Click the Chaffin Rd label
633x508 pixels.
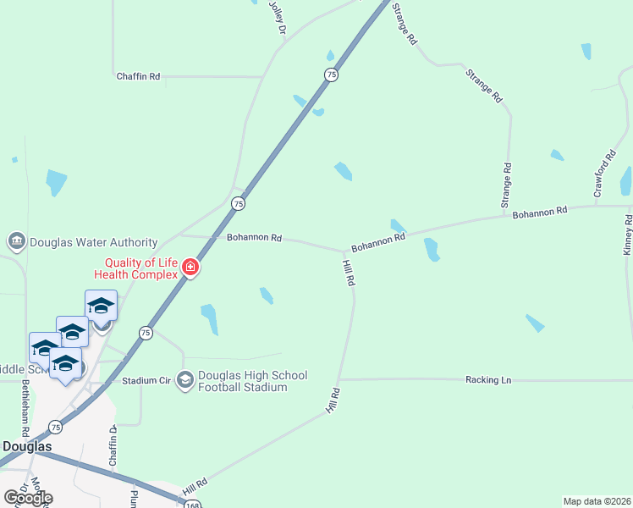click(138, 76)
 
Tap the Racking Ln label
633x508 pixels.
click(488, 380)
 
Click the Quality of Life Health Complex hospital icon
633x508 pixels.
click(190, 268)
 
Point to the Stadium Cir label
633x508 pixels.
click(146, 381)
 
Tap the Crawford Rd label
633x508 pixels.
click(603, 176)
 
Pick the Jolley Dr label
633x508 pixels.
click(278, 17)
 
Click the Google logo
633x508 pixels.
click(28, 498)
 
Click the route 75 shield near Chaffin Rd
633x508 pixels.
click(331, 75)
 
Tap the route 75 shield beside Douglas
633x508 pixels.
click(55, 427)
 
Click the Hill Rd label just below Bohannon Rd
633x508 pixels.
click(348, 273)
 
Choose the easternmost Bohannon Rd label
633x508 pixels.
click(539, 212)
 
